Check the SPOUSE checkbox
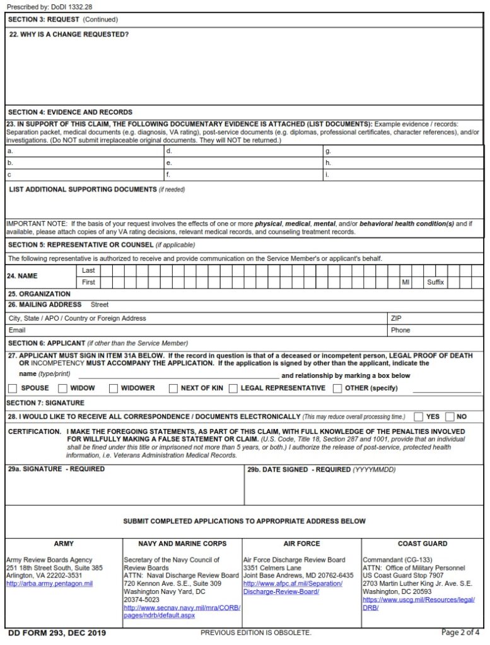pyautogui.click(x=12, y=388)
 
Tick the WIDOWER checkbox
pyautogui.click(x=113, y=388)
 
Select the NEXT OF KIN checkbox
pyautogui.click(x=173, y=388)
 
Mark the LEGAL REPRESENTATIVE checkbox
pyautogui.click(x=233, y=388)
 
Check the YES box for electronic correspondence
pyautogui.click(x=419, y=416)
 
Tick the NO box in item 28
pyautogui.click(x=450, y=416)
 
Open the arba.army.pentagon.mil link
pyautogui.click(x=49, y=584)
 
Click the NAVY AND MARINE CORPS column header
pyautogui.click(x=182, y=544)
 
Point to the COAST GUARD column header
pyautogui.click(x=423, y=544)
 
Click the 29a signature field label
pyautogui.click(x=56, y=469)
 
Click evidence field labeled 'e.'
pyautogui.click(x=169, y=163)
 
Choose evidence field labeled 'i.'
pyautogui.click(x=327, y=174)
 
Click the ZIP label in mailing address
pyautogui.click(x=396, y=318)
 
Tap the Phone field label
pyautogui.click(x=400, y=330)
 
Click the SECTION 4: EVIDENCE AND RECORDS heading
pyautogui.click(x=70, y=112)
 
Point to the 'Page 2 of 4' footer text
pyautogui.click(x=460, y=632)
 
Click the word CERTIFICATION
pyautogui.click(x=34, y=431)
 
